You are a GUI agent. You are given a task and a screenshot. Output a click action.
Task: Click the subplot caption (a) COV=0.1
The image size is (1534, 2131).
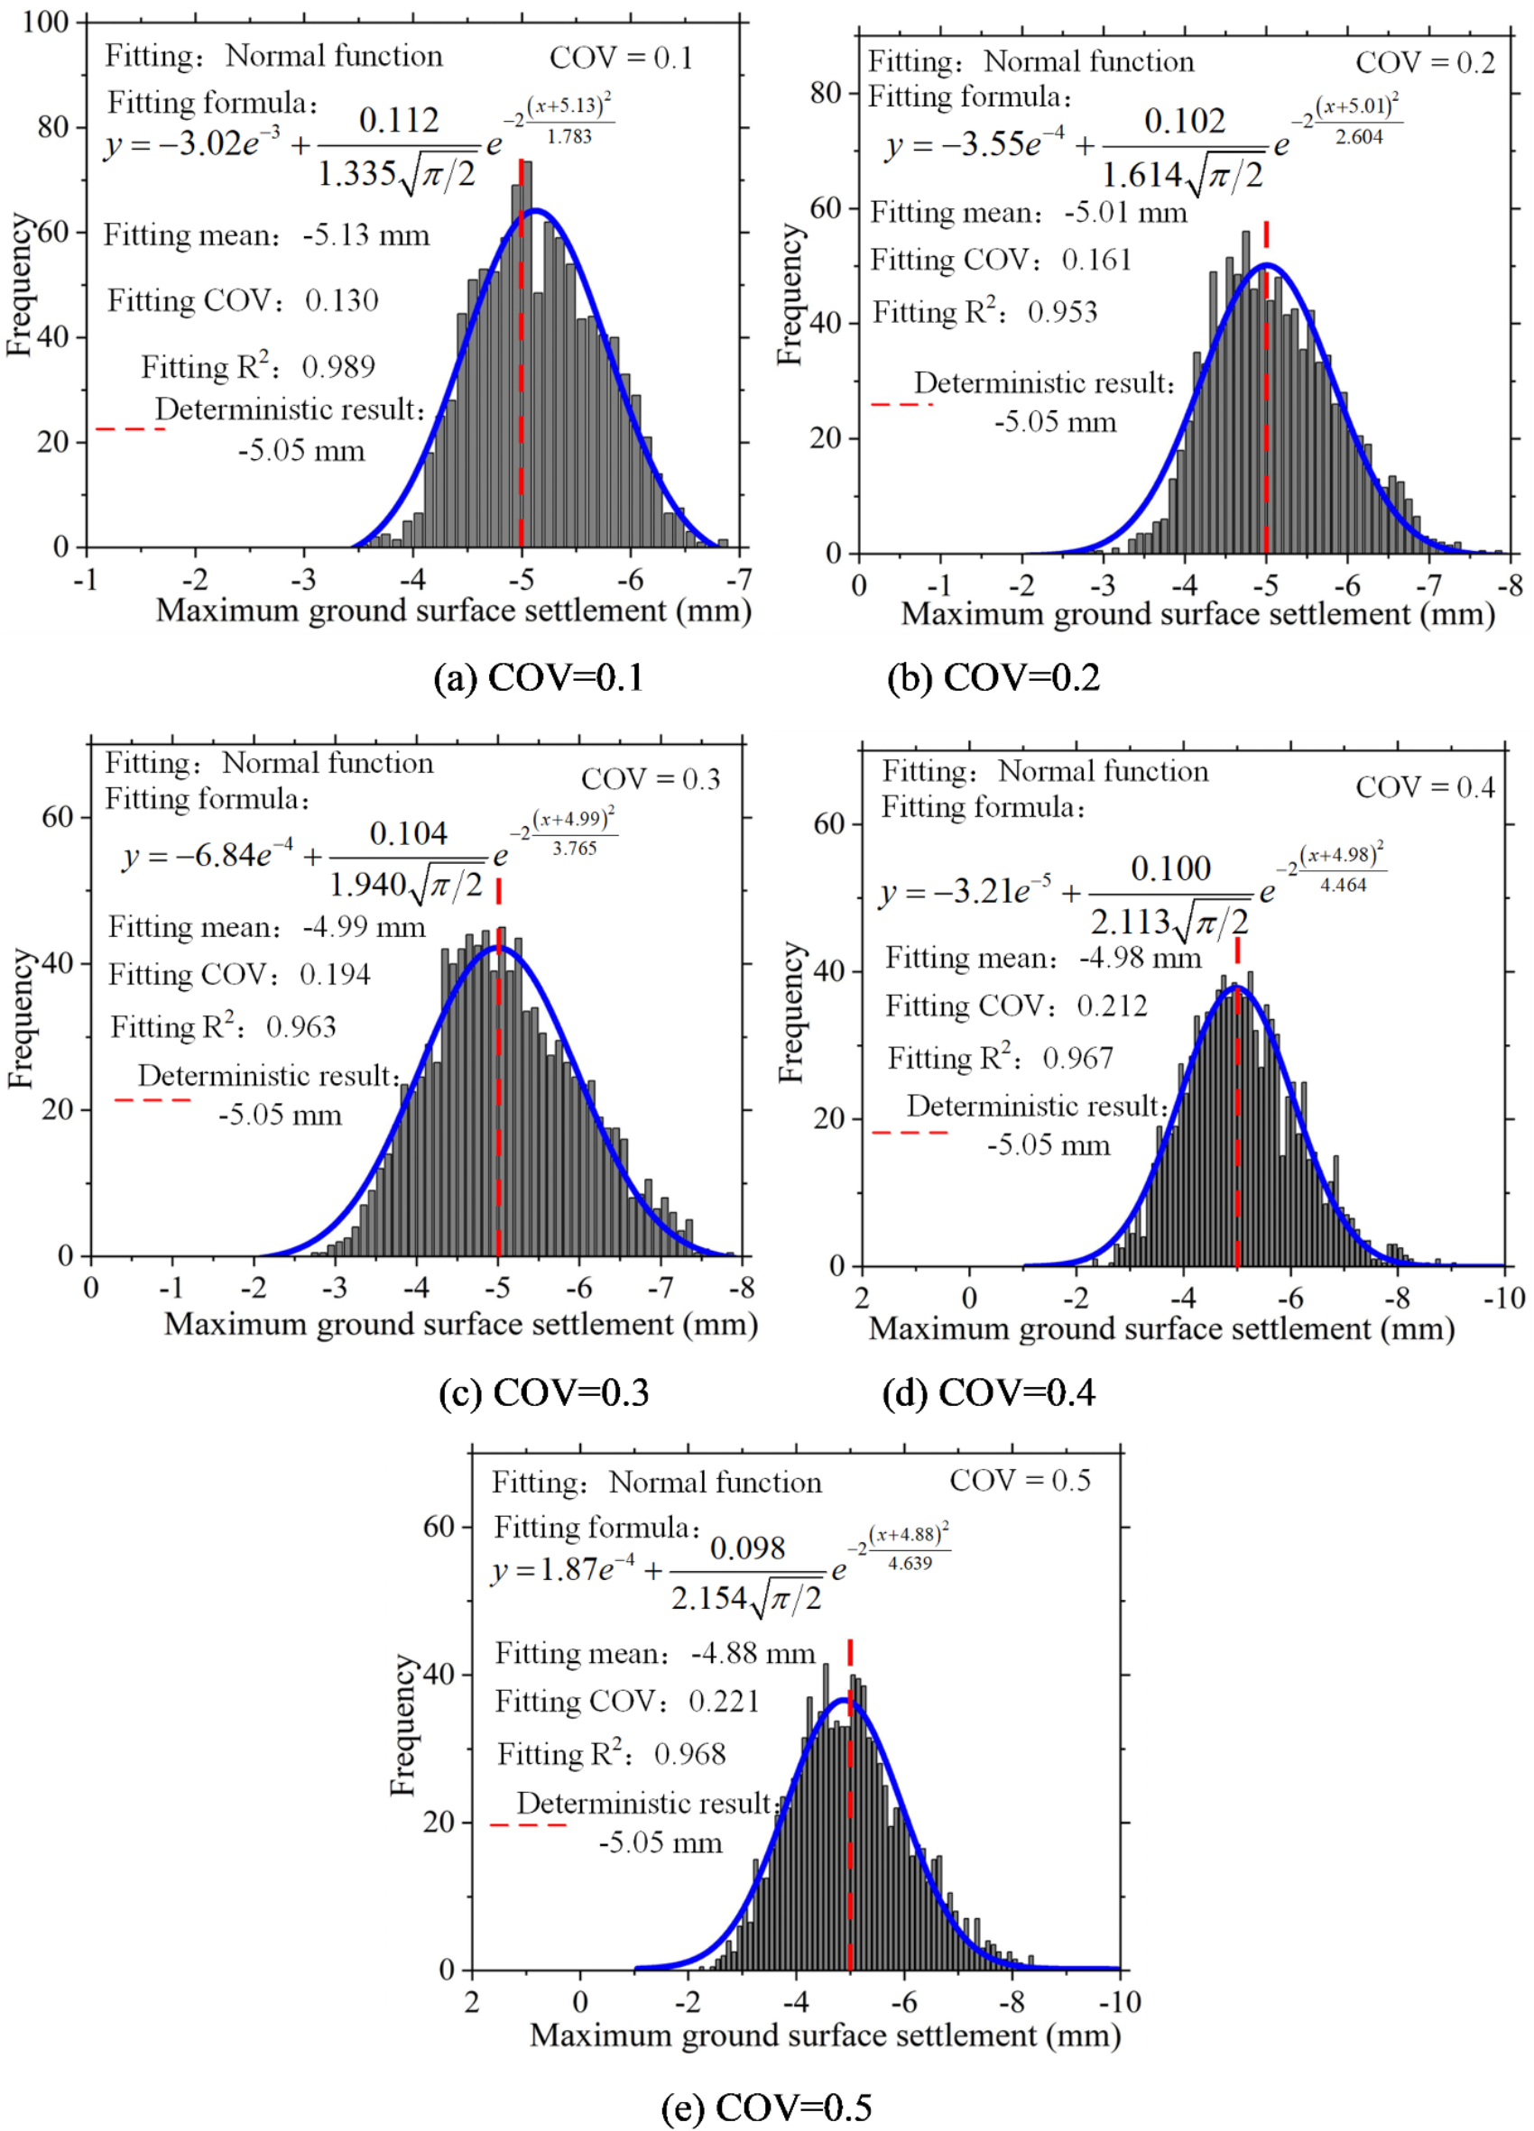point(539,677)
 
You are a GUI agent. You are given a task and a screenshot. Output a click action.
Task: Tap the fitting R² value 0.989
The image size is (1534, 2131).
point(338,366)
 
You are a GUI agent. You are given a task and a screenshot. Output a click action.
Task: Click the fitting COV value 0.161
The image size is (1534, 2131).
point(1097,261)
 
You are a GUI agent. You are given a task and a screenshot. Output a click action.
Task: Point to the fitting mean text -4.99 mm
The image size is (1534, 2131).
point(364,927)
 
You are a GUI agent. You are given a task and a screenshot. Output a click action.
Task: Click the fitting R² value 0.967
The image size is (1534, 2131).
point(1078,1059)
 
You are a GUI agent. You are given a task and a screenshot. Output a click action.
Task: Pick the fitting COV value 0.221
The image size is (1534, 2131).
point(724,1702)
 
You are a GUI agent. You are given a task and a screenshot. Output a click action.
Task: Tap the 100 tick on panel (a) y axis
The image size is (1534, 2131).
point(46,22)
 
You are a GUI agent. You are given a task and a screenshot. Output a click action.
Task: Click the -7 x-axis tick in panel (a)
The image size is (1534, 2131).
point(742,580)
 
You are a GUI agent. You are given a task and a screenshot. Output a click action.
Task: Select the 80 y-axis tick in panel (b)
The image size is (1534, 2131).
point(827,93)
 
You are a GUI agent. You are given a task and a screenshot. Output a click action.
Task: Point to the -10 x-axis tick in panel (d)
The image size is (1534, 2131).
point(1503,1299)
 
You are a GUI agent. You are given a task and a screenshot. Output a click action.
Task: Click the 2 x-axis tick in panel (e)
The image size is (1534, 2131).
point(472,2002)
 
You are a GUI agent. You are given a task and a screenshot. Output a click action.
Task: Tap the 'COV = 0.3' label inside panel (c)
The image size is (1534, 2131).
point(651,779)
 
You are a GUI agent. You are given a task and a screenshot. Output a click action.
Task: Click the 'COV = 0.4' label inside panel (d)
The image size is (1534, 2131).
point(1425,786)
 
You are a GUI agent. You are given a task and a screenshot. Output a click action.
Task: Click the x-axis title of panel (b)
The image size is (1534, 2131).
point(1197,613)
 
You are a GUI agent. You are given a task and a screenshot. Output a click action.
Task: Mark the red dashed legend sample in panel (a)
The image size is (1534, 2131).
point(131,428)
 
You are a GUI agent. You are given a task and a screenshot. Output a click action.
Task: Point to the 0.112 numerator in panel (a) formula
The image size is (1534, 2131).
point(399,119)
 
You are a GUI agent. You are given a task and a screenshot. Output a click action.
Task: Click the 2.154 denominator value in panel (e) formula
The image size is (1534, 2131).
point(707,1597)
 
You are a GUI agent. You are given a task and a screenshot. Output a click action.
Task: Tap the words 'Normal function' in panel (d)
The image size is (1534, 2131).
point(1103,771)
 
